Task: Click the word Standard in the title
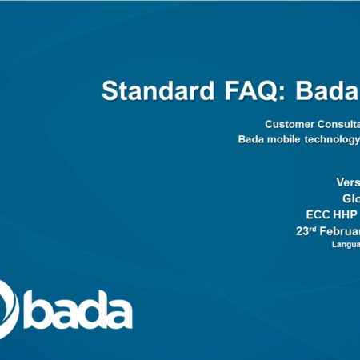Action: coord(157,91)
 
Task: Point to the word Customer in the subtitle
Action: coord(290,124)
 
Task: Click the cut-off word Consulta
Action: coord(339,124)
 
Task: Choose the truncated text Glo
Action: coord(350,198)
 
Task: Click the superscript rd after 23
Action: coord(314,228)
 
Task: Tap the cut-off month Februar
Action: coord(340,231)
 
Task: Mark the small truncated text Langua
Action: coord(346,245)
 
